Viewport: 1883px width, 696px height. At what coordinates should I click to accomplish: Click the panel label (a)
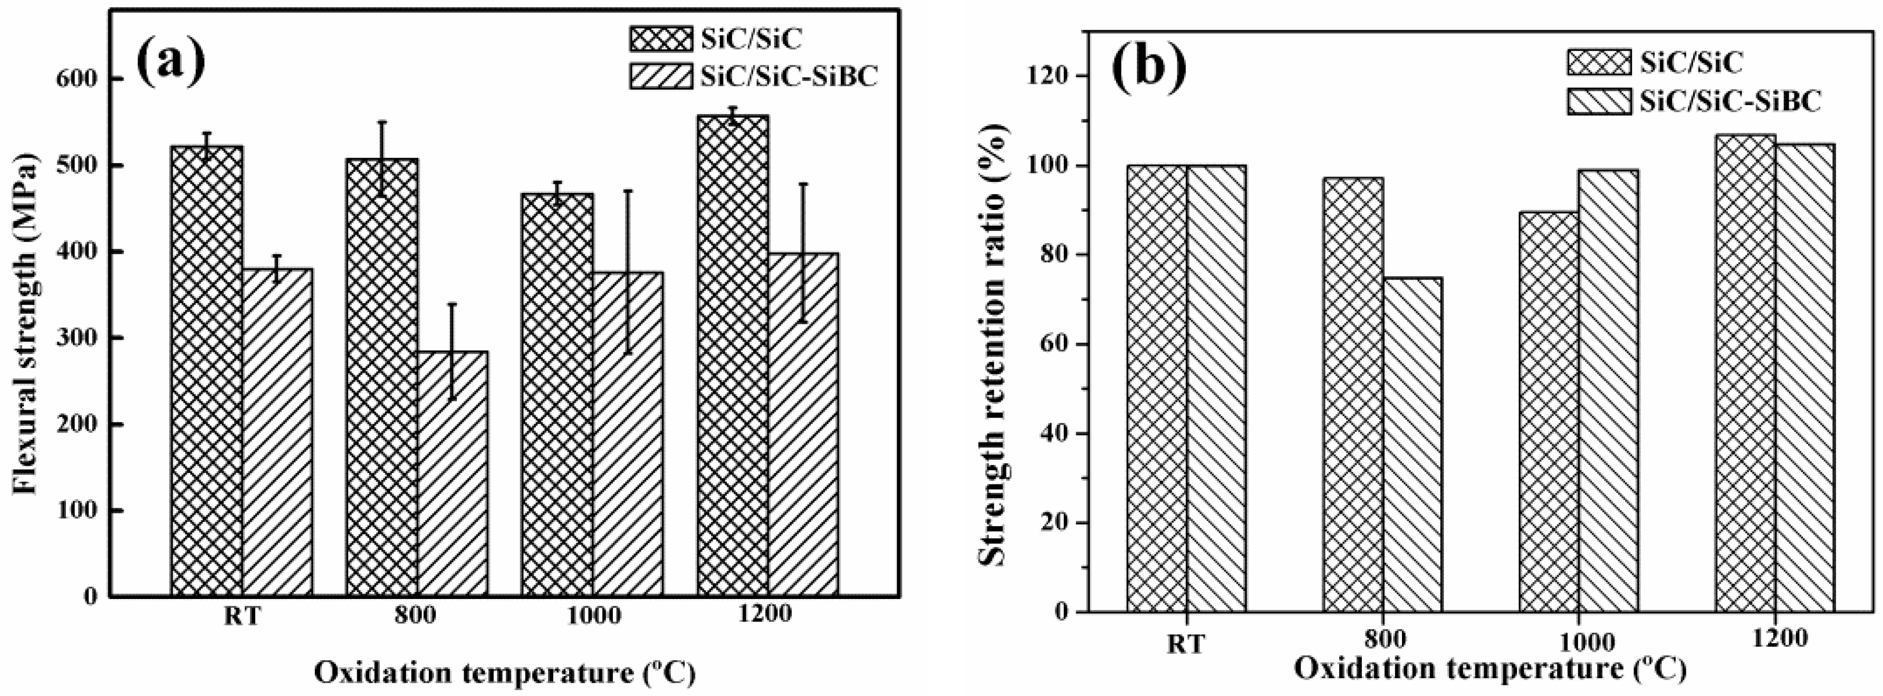point(170,62)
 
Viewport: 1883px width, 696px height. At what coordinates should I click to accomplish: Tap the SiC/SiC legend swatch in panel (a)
point(660,38)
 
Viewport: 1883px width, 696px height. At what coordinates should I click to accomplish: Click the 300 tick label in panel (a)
point(78,338)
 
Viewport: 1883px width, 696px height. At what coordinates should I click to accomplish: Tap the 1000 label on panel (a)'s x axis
point(593,615)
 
